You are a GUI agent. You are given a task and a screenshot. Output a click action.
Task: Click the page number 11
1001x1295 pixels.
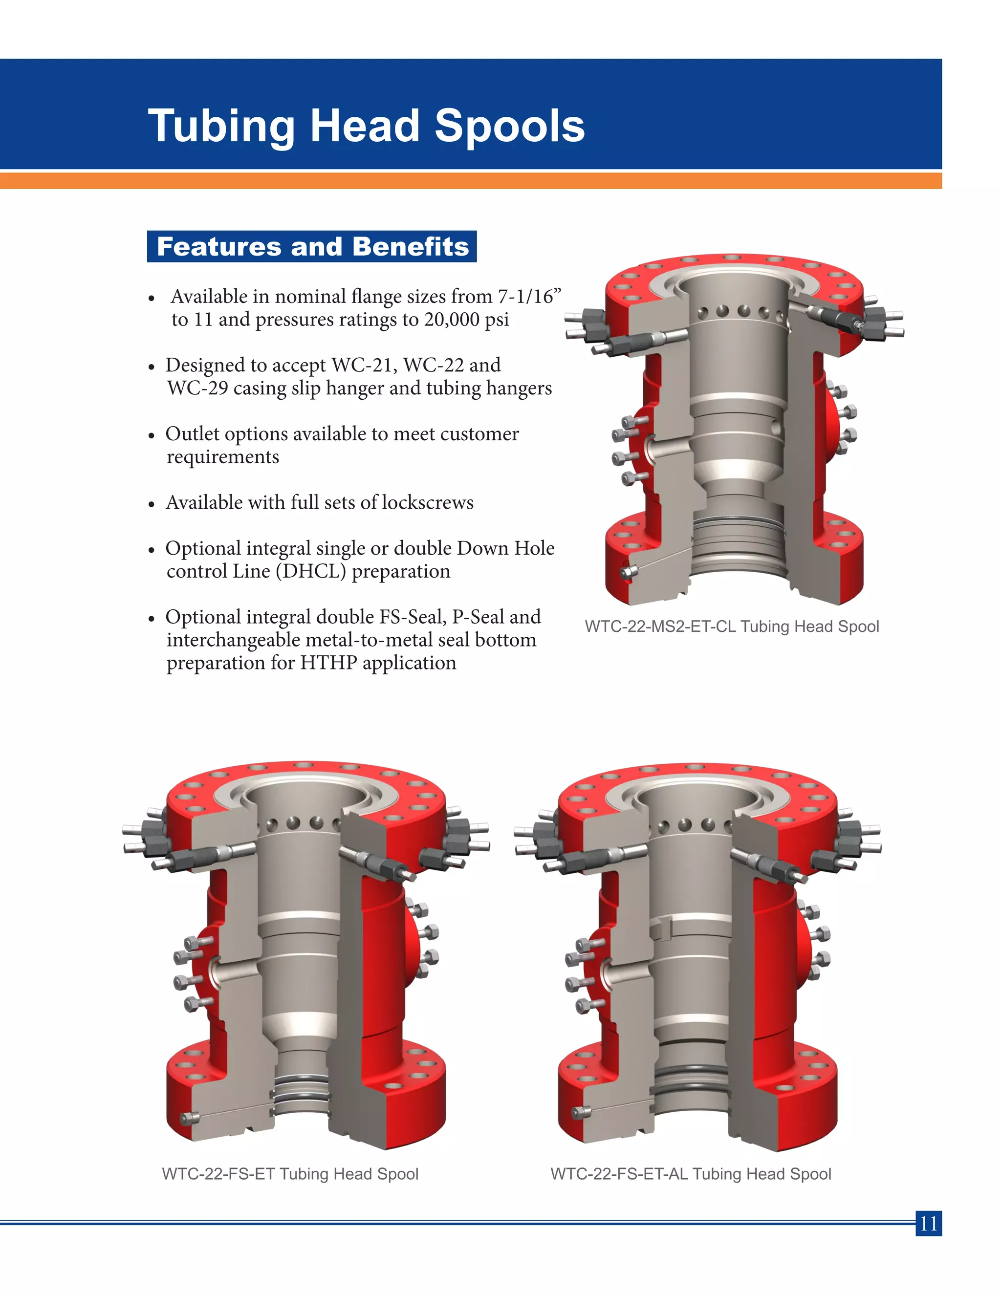(928, 1223)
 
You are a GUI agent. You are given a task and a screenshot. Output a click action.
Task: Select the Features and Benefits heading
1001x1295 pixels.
(312, 247)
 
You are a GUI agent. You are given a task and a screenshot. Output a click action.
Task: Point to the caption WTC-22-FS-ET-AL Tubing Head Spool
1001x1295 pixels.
(690, 1173)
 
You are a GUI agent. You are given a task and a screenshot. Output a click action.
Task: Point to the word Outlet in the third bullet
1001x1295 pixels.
(192, 433)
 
